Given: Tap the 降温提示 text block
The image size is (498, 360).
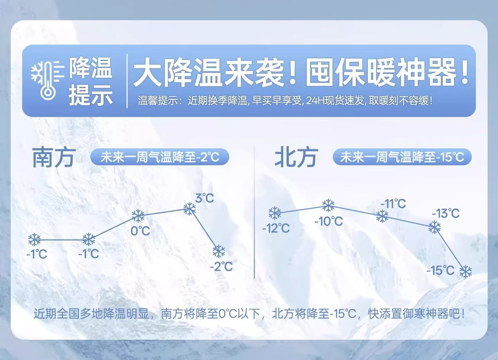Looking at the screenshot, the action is click(91, 81).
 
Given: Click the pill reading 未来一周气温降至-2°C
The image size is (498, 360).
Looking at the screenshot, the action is click(160, 157).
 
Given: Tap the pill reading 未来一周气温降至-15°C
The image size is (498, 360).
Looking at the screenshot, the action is click(402, 157).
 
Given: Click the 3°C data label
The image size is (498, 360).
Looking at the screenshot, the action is click(204, 198).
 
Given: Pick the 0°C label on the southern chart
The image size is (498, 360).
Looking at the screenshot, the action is click(140, 231).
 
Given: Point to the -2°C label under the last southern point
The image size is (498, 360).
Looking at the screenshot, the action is click(221, 266).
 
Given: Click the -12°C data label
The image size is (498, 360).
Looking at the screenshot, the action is click(276, 228).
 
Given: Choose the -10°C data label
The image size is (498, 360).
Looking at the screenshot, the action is click(329, 221).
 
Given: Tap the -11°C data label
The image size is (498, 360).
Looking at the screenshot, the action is click(393, 203).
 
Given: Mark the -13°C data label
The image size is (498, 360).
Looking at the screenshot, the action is click(445, 214).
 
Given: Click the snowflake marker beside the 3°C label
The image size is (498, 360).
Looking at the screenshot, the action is click(190, 209).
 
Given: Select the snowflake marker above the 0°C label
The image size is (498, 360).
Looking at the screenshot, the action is click(138, 216).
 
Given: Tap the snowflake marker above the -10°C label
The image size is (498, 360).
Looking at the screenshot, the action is click(329, 206).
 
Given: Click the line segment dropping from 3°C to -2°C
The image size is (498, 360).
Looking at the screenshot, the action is click(204, 230).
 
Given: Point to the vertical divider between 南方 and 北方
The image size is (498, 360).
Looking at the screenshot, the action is click(254, 212).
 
